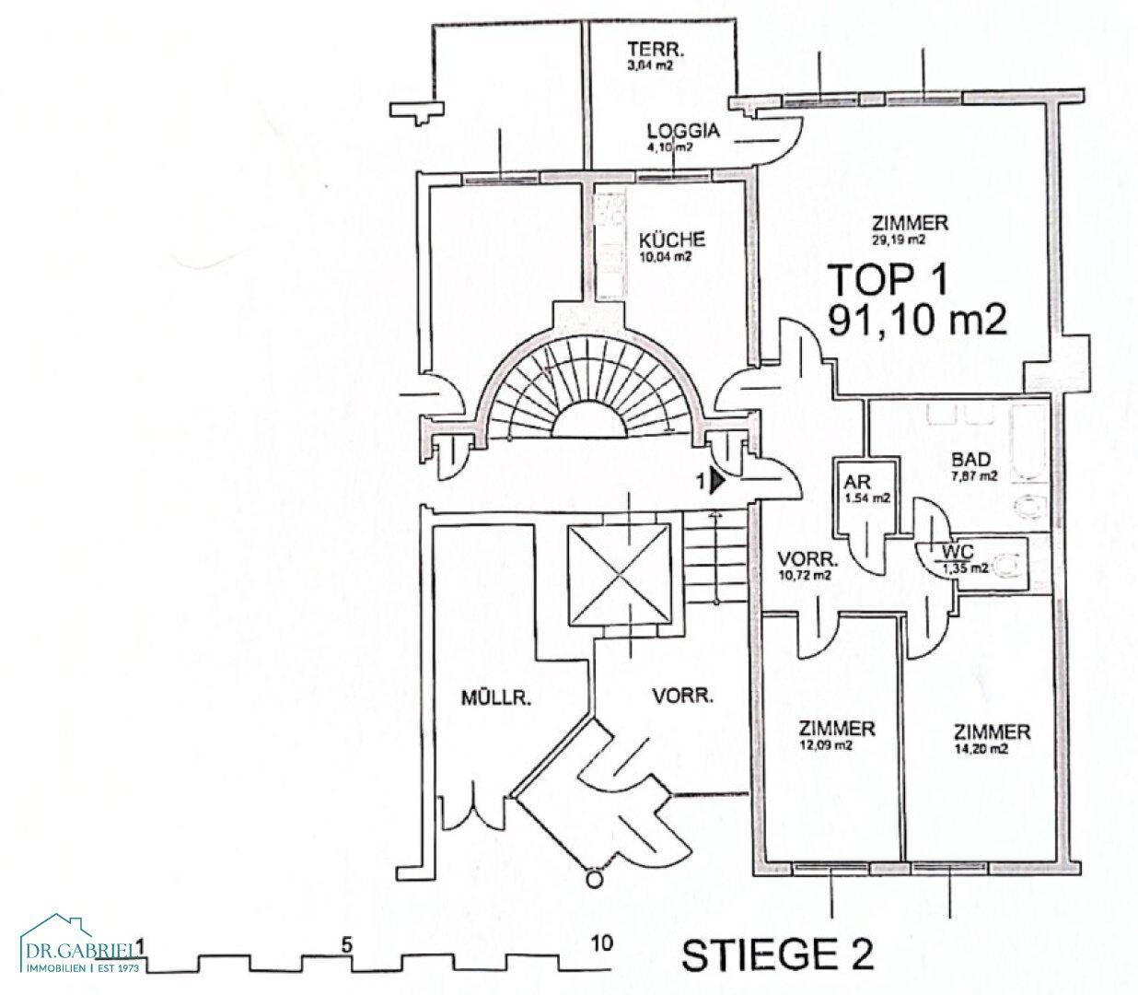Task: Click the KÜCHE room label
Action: [x=671, y=240]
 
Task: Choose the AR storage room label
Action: [x=855, y=482]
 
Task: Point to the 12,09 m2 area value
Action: [x=837, y=745]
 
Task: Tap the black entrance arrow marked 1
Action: [x=718, y=480]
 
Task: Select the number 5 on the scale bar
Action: [x=346, y=944]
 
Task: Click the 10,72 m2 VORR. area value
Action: [x=805, y=575]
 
